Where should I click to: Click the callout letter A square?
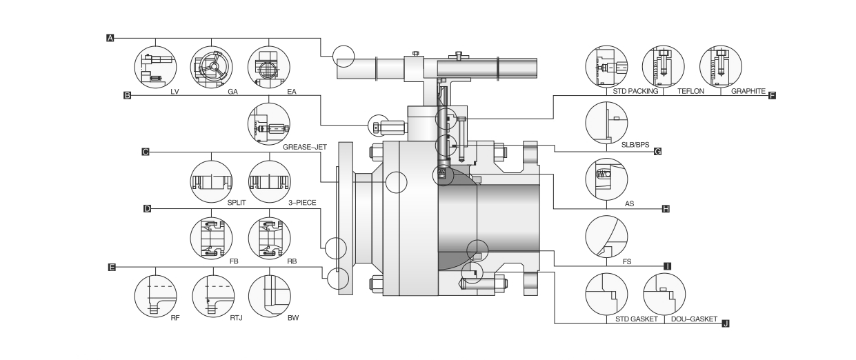(109, 38)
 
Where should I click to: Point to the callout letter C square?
(146, 152)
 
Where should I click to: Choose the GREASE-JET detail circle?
(268, 124)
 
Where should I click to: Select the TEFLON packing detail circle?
(662, 67)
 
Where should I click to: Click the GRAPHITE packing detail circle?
(719, 67)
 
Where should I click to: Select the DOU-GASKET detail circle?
(663, 294)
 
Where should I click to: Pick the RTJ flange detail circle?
(212, 294)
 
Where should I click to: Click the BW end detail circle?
(268, 294)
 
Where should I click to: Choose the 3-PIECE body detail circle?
(268, 181)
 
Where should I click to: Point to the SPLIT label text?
(237, 205)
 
